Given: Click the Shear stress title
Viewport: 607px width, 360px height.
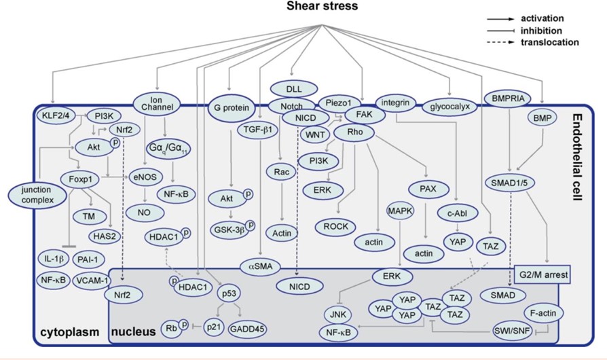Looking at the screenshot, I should [x=303, y=7].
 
